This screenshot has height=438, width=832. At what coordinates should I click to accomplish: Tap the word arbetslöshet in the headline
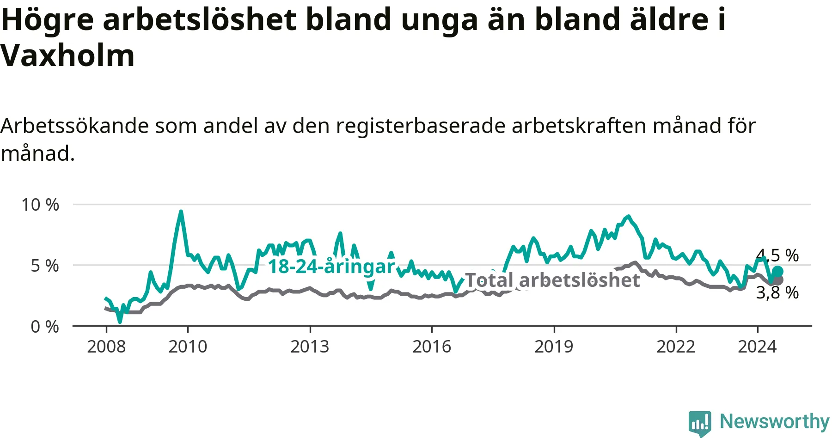(x=200, y=19)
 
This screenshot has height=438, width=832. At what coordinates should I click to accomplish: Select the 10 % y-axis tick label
(x=40, y=205)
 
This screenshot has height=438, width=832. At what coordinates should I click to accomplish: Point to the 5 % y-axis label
(x=45, y=266)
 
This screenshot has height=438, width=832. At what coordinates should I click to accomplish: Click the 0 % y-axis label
(x=45, y=327)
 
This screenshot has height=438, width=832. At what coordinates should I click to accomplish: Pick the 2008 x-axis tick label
(x=106, y=347)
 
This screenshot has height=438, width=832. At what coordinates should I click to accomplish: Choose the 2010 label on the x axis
(x=188, y=347)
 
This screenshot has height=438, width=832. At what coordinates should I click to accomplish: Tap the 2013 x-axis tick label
(x=310, y=347)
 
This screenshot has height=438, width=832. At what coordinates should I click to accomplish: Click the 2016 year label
(x=432, y=347)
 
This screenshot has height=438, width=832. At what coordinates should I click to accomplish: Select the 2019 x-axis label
(x=554, y=347)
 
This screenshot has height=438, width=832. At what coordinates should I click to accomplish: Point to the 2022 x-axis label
(x=676, y=347)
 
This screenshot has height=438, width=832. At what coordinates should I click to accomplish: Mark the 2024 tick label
(x=757, y=347)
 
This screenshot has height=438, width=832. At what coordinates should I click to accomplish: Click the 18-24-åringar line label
(x=331, y=267)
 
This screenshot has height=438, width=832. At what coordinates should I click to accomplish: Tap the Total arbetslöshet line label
(x=552, y=280)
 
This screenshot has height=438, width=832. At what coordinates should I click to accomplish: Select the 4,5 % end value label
(x=777, y=255)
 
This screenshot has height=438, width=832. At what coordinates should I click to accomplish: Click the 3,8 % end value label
(x=777, y=292)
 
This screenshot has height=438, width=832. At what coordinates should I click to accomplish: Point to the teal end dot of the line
(x=777, y=271)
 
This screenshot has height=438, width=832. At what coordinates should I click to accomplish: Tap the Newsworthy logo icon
(x=699, y=422)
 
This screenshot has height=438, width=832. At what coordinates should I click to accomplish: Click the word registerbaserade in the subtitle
(x=421, y=126)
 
